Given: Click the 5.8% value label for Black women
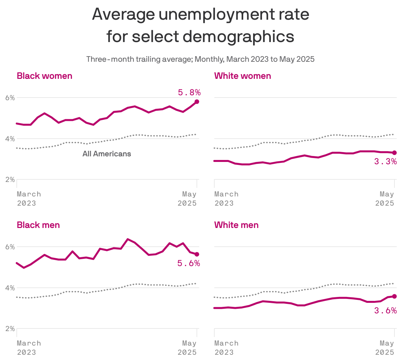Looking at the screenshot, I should [189, 93].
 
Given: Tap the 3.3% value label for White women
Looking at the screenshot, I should [385, 162].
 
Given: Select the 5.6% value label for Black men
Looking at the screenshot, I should [189, 263].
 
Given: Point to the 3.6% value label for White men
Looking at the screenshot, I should [385, 310].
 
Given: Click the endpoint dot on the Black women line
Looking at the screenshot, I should [197, 102].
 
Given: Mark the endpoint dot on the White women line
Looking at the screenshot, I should [394, 153].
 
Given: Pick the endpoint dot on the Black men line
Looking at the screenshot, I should [197, 254].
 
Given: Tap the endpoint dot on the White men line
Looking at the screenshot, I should [394, 296].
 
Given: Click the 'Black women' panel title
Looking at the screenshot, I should [44, 76].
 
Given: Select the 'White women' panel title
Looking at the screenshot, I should [243, 76].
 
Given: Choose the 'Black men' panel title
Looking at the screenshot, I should [38, 225].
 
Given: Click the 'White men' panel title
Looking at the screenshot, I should [236, 225].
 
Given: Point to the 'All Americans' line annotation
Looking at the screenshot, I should [106, 154].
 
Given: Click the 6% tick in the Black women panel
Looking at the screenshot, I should [10, 98].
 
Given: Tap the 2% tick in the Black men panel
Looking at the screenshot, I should [10, 329].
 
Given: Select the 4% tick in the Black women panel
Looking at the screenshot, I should [10, 139].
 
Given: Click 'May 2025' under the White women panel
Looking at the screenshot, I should [385, 199].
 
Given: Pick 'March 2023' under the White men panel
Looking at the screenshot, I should [226, 348].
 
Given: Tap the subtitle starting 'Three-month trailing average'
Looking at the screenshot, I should [200, 59].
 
